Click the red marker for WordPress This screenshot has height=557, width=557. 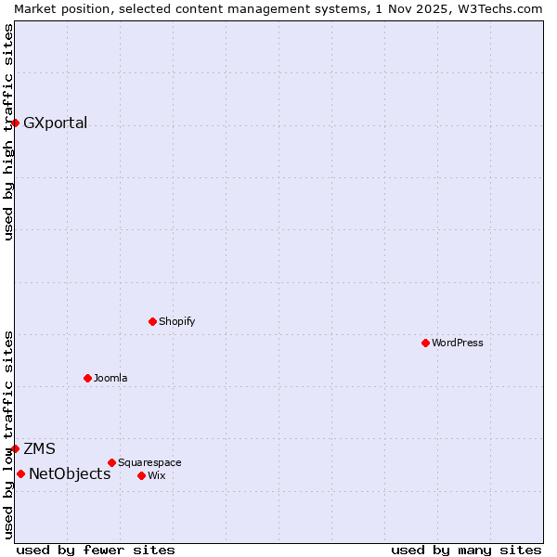pos(425,343)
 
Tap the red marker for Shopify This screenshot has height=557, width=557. pos(152,321)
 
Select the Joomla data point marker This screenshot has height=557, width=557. pos(87,378)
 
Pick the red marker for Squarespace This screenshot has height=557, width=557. pos(111,462)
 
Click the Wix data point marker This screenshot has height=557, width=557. pos(141,475)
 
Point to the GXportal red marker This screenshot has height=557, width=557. pos(15,123)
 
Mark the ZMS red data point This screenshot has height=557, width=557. pos(15,448)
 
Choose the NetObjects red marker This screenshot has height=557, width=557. pos(20,473)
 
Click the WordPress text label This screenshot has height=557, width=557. pos(458,343)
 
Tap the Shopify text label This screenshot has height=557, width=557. pos(176,321)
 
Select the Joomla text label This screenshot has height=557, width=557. pos(110,378)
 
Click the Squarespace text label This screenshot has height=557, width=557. pos(149,462)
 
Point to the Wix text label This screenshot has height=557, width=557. pos(156,475)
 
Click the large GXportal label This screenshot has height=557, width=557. pos(56,123)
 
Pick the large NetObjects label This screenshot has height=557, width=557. pos(70,473)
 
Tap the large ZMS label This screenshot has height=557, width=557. pos(39,448)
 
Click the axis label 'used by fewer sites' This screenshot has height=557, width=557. pos(96,550)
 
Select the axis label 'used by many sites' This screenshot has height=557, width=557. pos(466,550)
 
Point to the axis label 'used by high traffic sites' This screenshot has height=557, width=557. pos(8,132)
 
